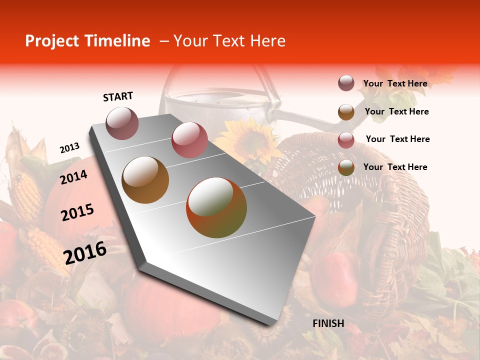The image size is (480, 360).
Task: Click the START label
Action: click(x=118, y=96)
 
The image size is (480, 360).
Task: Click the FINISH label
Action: click(x=328, y=323)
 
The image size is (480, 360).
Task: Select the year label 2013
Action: click(x=69, y=148)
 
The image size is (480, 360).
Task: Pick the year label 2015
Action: click(x=77, y=212)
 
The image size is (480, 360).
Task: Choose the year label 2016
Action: click(x=85, y=253)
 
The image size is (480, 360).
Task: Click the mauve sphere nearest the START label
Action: click(x=122, y=123)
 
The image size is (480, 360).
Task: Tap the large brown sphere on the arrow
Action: click(x=145, y=180)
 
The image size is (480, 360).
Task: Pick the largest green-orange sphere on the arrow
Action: click(x=216, y=207)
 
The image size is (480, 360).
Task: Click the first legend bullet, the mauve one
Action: click(x=346, y=83)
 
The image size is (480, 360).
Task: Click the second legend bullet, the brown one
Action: click(x=346, y=112)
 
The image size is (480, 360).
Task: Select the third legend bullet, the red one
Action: click(x=346, y=140)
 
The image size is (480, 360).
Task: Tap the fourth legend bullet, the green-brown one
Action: click(x=346, y=167)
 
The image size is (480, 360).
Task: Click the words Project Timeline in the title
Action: click(x=87, y=41)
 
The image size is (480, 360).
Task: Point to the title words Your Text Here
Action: click(x=229, y=41)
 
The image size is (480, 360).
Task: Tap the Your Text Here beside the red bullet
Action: click(x=397, y=139)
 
